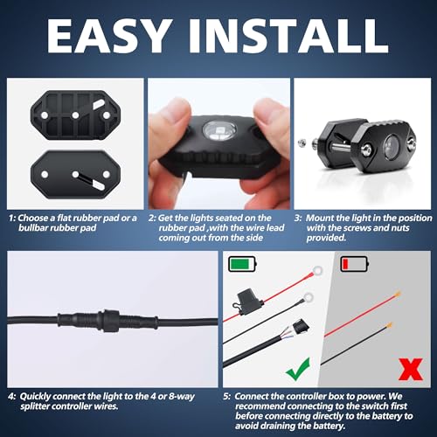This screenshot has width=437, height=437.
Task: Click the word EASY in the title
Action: pos(108,36)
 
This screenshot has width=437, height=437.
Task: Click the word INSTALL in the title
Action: pos(289,36)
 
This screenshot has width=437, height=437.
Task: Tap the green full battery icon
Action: pos(242,264)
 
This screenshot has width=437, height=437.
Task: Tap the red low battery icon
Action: pos(355,264)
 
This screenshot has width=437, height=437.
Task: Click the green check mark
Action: pos(298,369)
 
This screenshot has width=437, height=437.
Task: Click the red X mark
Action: pos(411,369)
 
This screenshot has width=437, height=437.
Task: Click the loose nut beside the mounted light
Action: pos(302,142)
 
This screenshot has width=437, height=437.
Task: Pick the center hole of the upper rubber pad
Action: pos(75,115)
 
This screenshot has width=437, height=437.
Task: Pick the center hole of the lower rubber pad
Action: pos(75,175)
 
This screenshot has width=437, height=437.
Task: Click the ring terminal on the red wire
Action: pos(317,271)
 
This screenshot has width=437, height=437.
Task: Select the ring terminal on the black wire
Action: pos(308,298)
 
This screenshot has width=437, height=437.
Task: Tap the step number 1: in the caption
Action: pos(12,218)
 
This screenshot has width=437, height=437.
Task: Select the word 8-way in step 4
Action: pos(182,397)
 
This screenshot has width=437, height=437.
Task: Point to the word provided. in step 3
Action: pos(326,238)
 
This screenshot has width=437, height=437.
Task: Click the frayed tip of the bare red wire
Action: pos(398,294)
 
